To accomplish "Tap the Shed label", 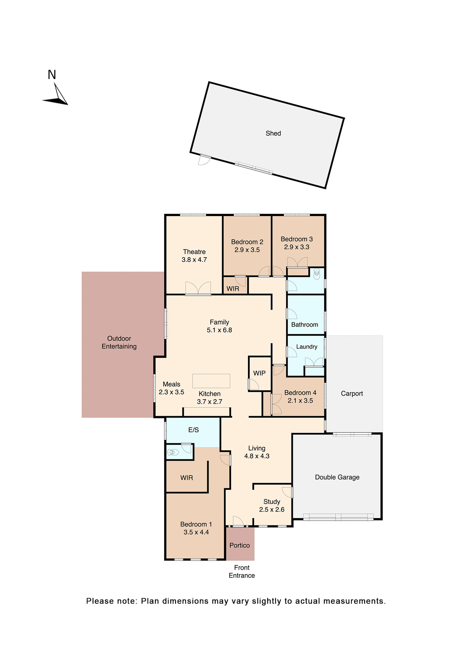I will (273, 133).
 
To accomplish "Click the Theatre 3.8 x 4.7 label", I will (194, 256).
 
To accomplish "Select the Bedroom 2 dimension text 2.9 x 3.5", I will (247, 250).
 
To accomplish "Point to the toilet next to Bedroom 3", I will (316, 275).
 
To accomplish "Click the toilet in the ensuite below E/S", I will (173, 452).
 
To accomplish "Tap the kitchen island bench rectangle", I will (211, 381).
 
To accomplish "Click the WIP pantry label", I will (259, 373).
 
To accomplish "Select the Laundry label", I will (306, 347).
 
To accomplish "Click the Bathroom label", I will (304, 325).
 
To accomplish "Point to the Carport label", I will (352, 393).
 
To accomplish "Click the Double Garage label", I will (337, 477).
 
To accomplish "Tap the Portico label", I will (239, 545).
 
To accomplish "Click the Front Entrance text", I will (241, 571).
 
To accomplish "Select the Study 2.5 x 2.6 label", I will (271, 506).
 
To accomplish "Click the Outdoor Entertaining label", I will (119, 342).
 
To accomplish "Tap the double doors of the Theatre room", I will (198, 289).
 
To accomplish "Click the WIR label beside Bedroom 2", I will (232, 289).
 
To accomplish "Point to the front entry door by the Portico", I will (238, 521).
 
